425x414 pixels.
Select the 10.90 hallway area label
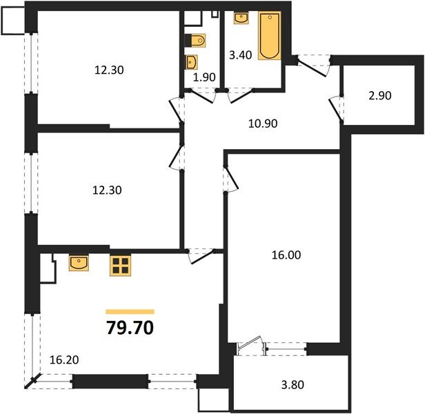coord(264,124)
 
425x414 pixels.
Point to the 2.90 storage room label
coord(379,96)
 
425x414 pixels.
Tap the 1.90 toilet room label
coord(205,77)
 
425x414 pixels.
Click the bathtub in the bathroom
coord(269,34)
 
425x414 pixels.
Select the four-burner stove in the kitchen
coord(121,266)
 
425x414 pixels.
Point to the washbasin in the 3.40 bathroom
coord(241,18)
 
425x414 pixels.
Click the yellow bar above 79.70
coord(130,312)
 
